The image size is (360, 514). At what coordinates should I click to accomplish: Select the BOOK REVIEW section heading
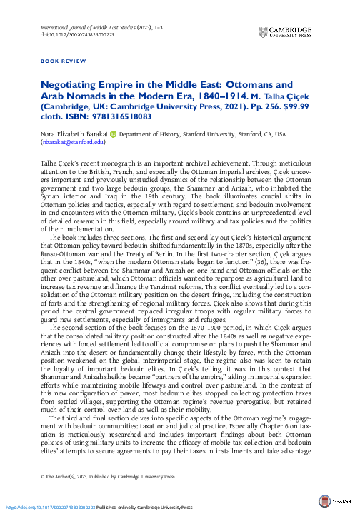(61, 62)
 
